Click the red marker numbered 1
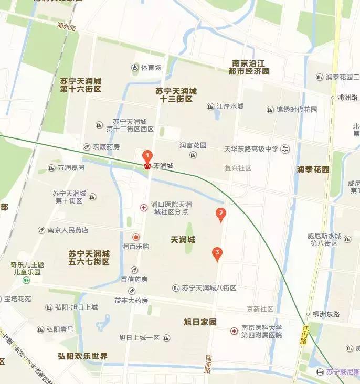pyautogui.click(x=148, y=156)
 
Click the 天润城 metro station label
pyautogui.click(x=163, y=166)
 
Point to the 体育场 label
pyautogui.click(x=151, y=68)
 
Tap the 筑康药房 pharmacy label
pyautogui.click(x=106, y=146)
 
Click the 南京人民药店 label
pyautogui.click(x=68, y=230)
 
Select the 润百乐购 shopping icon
pyautogui.click(x=135, y=237)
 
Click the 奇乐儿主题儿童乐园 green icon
pyautogui.click(x=25, y=280)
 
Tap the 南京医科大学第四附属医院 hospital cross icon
pyautogui.click(x=234, y=331)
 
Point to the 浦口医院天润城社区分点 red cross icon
pyautogui.click(x=143, y=208)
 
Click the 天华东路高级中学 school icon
pyautogui.click(x=285, y=149)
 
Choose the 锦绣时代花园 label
pyautogui.click(x=297, y=110)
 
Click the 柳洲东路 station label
pyautogui.click(x=326, y=314)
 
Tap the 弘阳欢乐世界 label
pyautogui.click(x=82, y=356)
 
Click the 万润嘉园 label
pyautogui.click(x=71, y=168)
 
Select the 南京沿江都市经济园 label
pyautogui.click(x=251, y=67)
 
